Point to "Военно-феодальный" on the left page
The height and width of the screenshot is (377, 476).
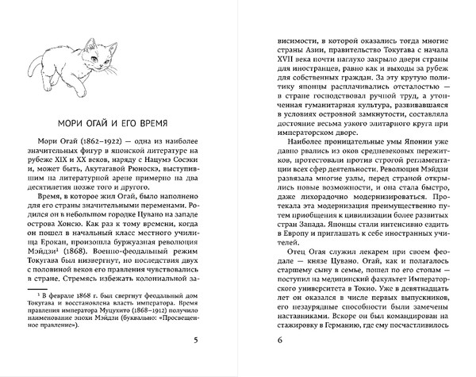tap(134, 255)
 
